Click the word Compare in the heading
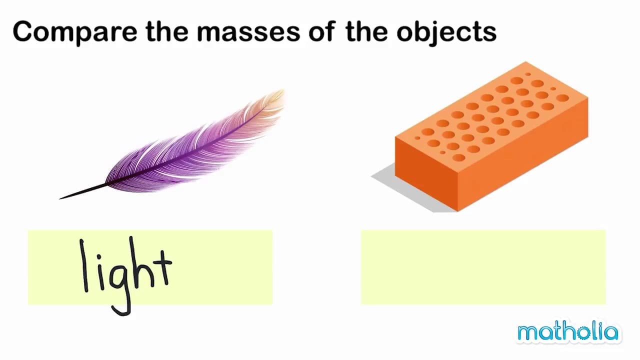[74, 31]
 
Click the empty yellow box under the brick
[483, 267]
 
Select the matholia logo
[568, 332]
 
